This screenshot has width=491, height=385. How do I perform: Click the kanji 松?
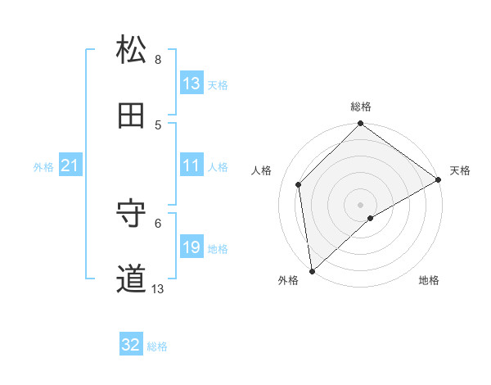point(132,50)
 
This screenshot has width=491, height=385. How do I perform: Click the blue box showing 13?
point(191,84)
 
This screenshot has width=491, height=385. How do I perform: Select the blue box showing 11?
point(191,165)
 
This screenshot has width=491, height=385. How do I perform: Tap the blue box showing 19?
point(191,247)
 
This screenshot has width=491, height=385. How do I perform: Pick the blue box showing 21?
point(70,165)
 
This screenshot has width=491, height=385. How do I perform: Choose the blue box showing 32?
point(131,345)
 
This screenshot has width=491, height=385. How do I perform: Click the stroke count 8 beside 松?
point(158,60)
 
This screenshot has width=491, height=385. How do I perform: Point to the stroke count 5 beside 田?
point(158,125)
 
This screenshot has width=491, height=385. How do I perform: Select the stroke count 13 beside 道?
point(158,289)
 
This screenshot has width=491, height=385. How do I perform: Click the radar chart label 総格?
point(361,106)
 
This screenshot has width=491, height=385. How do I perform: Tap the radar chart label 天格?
point(460,170)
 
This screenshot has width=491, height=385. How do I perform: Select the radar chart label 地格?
point(429,280)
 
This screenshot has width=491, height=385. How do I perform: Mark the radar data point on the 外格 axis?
point(312,271)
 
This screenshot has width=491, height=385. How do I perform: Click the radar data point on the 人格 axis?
point(299,184)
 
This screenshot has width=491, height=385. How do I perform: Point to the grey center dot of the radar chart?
point(360,204)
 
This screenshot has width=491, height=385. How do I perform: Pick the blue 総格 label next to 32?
point(157,346)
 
